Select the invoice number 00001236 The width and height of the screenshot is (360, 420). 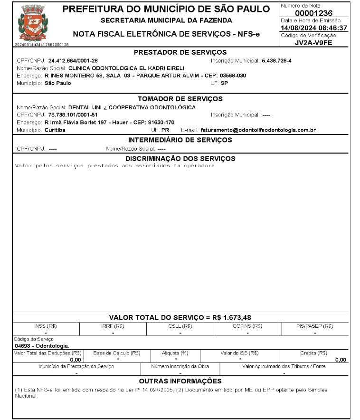[313, 13]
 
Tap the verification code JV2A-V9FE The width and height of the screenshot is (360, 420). [313, 43]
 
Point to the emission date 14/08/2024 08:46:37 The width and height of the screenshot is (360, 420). [313, 28]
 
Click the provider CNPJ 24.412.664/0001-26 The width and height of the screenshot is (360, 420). [73, 61]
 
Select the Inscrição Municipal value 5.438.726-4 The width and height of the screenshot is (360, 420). [276, 61]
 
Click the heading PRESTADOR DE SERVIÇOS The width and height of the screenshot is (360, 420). [180, 52]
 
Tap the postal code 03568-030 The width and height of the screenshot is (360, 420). [233, 76]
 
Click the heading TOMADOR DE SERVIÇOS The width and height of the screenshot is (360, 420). [180, 99]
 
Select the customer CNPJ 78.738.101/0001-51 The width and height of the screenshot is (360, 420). [73, 115]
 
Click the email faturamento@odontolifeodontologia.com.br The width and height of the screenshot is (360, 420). [258, 130]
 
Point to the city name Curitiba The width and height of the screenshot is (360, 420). [55, 130]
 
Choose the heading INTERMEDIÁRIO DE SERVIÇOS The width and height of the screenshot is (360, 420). [180, 140]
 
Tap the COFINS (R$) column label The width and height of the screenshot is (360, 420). [247, 326]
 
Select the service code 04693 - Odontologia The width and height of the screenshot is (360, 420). [42, 346]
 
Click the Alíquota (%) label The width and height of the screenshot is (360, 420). [175, 353]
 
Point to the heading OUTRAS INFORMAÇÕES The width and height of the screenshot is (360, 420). [180, 381]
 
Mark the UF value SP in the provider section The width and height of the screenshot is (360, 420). [225, 83]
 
